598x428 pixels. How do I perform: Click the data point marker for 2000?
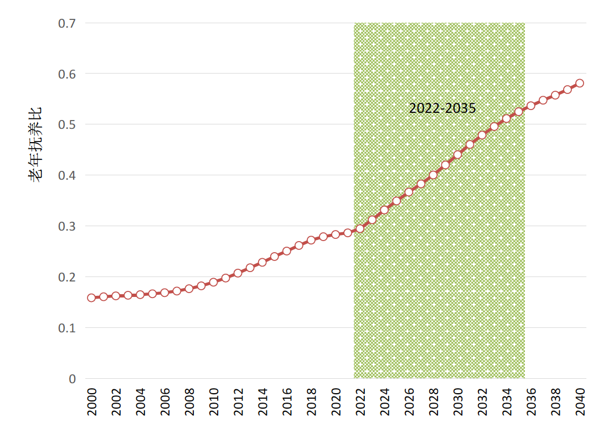tap(91, 297)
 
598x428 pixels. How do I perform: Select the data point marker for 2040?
tap(580, 83)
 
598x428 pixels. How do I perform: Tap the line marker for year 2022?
tap(360, 228)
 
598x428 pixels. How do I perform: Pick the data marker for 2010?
tap(213, 282)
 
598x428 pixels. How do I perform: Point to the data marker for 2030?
tap(457, 155)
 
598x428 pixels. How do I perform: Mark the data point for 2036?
tap(531, 106)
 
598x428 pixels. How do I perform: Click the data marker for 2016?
tap(287, 251)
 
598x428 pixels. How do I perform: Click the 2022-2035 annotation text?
tap(442, 108)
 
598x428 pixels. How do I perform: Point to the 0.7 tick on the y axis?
tap(67, 23)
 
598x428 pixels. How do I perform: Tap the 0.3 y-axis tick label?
tap(67, 226)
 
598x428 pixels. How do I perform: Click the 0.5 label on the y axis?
tap(67, 124)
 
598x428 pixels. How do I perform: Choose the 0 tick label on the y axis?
tap(72, 379)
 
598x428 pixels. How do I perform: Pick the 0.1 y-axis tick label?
tap(67, 328)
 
